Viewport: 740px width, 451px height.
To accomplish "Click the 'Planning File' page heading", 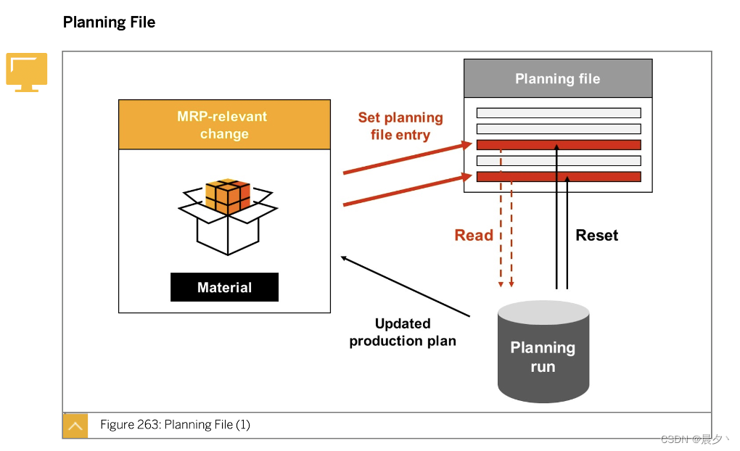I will [109, 22].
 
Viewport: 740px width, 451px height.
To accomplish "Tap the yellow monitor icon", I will [27, 72].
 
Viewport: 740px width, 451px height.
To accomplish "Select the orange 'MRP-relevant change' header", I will [224, 125].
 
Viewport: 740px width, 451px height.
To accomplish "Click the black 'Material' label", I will [224, 287].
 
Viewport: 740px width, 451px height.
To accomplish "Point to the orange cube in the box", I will [228, 196].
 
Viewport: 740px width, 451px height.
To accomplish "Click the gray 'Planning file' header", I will [557, 78].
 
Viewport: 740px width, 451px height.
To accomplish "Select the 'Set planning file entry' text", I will [400, 126].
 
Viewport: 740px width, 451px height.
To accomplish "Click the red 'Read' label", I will [474, 235].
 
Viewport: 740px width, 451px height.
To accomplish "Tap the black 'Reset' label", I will [596, 235].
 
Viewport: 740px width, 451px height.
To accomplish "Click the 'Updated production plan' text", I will [403, 332].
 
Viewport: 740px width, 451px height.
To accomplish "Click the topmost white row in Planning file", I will [559, 112].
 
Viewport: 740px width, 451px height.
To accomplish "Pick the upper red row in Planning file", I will [559, 144].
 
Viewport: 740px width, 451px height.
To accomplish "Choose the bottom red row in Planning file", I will [559, 176].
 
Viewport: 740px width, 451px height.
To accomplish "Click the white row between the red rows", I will [559, 160].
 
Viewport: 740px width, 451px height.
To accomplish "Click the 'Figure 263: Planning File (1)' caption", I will [175, 425].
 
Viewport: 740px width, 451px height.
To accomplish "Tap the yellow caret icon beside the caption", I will [75, 426].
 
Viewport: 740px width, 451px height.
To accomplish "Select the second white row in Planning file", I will [559, 128].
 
